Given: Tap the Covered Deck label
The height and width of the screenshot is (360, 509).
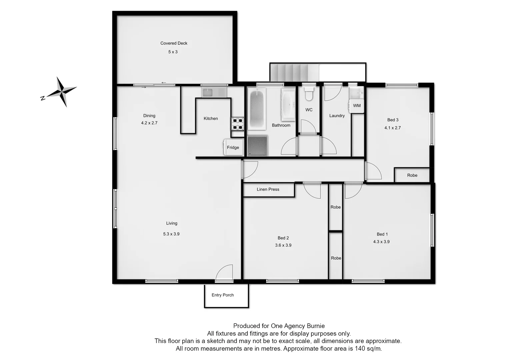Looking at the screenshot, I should [174, 43].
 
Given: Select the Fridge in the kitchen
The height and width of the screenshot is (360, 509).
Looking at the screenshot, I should [232, 147].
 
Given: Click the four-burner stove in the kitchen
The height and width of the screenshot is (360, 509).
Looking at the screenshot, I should [238, 124].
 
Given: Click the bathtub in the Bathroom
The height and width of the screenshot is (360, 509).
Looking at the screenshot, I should [257, 109].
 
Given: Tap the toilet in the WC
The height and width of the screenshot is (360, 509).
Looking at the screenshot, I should [309, 94].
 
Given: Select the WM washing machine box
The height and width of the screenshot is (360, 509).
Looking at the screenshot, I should [357, 106].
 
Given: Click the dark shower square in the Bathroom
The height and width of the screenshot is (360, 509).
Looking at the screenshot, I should [257, 146].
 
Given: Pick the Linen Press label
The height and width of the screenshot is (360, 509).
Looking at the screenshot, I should [268, 189].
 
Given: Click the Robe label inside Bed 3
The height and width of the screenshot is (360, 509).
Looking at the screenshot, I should [412, 175].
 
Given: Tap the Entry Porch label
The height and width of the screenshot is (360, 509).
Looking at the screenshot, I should [223, 295].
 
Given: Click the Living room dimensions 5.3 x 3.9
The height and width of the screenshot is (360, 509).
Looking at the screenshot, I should [171, 234].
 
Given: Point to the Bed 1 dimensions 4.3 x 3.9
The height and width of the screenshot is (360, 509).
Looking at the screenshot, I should [381, 242].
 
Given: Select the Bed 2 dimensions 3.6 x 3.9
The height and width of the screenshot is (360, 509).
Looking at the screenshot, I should [283, 245].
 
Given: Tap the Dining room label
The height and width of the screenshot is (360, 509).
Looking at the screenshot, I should [149, 116].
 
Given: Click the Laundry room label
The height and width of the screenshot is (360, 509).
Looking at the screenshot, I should [337, 116].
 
